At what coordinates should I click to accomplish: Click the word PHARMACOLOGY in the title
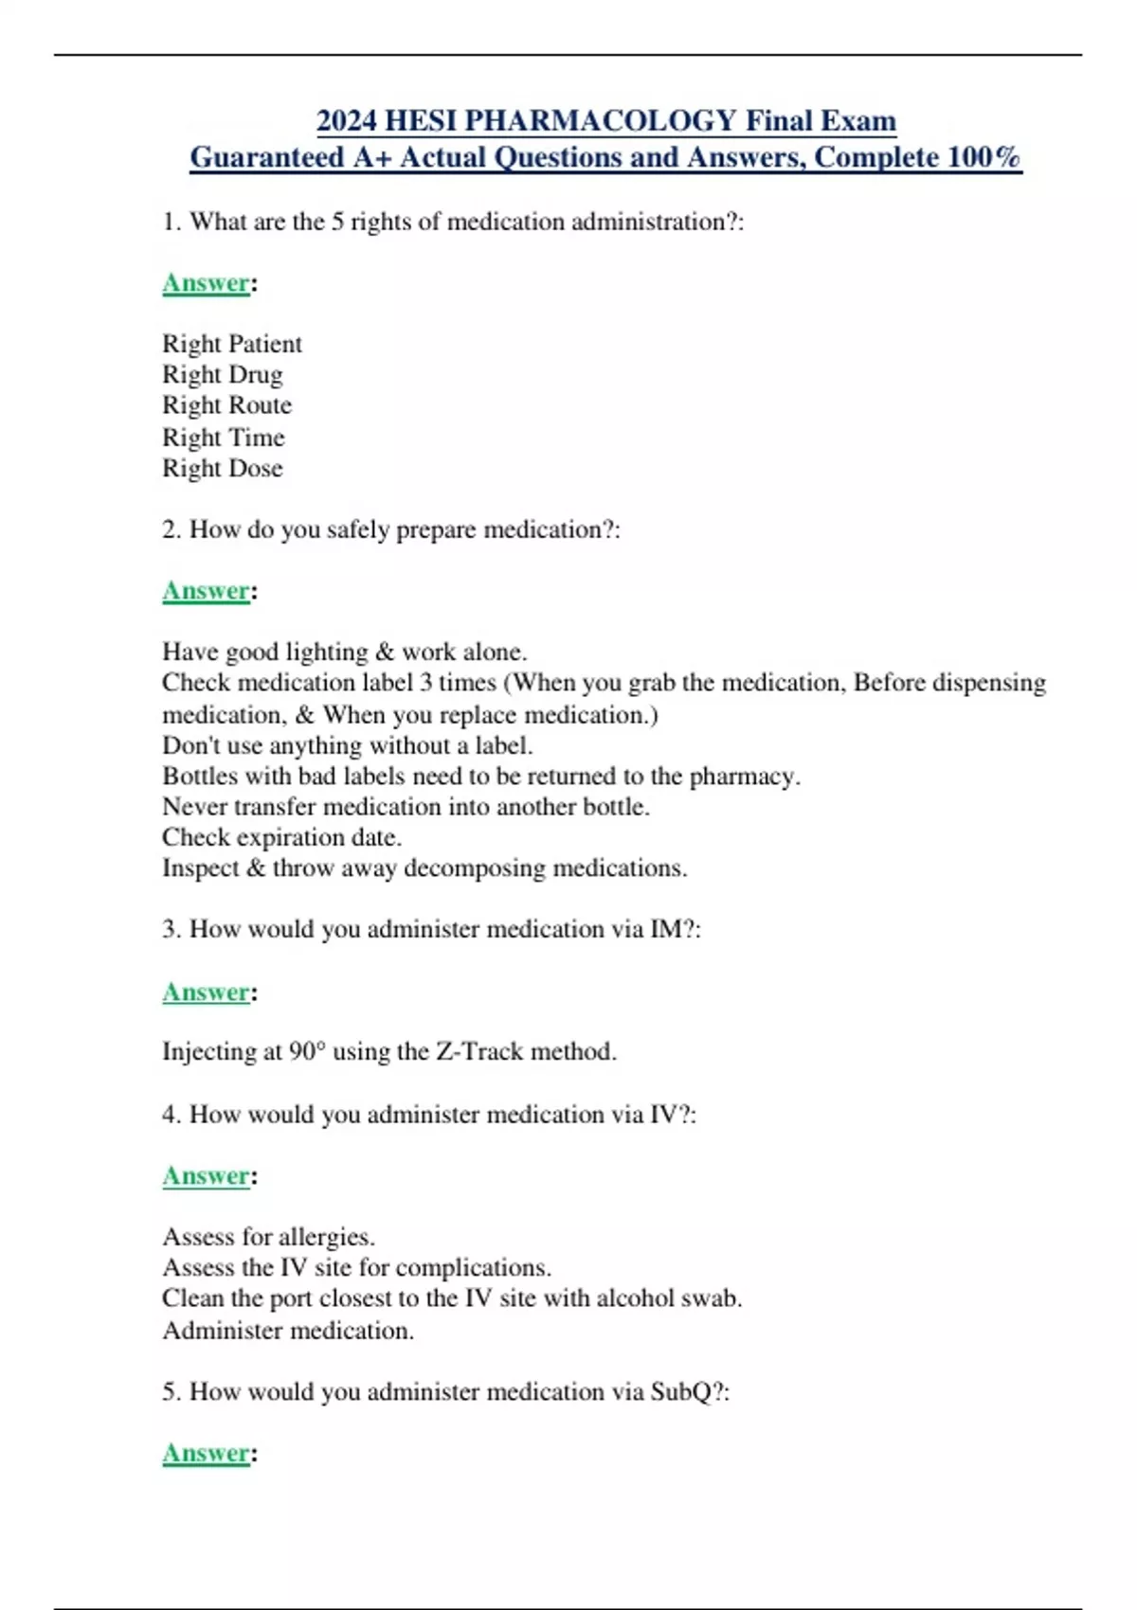(600, 121)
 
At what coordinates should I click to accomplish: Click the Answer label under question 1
(206, 283)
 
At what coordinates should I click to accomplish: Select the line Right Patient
(232, 344)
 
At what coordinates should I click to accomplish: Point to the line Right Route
(227, 405)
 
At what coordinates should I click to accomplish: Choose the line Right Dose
(223, 468)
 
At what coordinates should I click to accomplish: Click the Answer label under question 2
(206, 591)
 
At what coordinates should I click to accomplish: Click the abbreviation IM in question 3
(665, 929)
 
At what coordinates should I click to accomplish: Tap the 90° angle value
(307, 1052)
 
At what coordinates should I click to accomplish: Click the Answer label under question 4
(206, 1176)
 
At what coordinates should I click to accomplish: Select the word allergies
(325, 1238)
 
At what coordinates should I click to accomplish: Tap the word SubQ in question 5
(680, 1392)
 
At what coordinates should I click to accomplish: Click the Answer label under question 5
(206, 1454)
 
